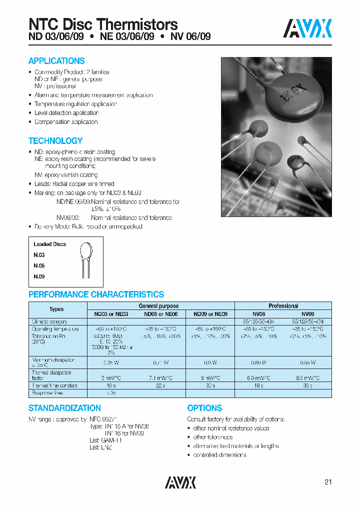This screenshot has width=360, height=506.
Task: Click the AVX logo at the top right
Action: click(x=307, y=28)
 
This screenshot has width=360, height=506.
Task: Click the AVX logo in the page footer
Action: click(x=180, y=482)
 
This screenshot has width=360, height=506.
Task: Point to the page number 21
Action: click(x=328, y=482)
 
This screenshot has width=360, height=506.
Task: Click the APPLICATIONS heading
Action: click(x=56, y=61)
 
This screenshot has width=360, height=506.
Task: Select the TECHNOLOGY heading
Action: click(x=55, y=141)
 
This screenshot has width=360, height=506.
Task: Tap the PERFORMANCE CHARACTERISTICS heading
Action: click(x=96, y=294)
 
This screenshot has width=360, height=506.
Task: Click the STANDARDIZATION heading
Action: click(x=64, y=408)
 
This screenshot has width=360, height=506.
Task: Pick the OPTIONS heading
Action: click(x=204, y=408)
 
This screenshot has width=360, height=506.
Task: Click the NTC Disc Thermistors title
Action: click(x=103, y=24)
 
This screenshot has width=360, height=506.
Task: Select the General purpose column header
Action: click(x=158, y=305)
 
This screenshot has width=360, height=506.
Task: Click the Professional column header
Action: click(x=283, y=305)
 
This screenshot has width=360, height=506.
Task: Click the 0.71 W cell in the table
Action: click(x=158, y=362)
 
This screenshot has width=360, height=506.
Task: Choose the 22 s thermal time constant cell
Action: click(x=158, y=385)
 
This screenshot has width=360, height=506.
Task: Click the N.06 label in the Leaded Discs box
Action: click(x=39, y=266)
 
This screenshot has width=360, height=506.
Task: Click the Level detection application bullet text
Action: click(x=66, y=113)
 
